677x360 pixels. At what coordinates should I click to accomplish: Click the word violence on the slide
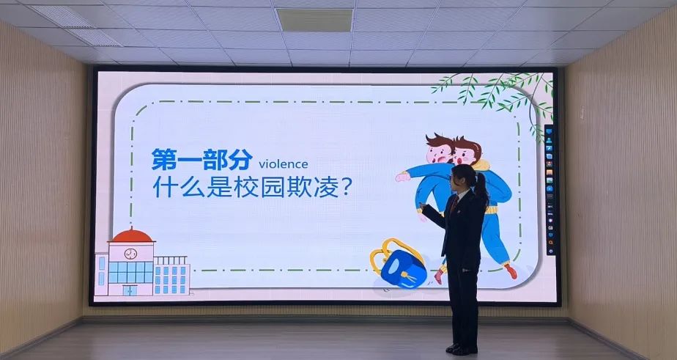284,164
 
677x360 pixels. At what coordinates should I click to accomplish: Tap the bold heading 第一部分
201,159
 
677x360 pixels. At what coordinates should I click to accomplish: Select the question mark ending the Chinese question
347,187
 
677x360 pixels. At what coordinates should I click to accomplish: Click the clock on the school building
130,254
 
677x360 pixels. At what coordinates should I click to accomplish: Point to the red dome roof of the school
131,235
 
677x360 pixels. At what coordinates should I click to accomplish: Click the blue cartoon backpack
403,268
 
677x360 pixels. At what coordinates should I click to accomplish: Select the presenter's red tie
454,205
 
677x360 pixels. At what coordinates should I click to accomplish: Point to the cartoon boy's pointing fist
402,176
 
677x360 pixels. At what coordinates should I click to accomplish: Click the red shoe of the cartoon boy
511,271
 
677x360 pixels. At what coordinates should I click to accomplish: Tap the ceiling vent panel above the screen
314,20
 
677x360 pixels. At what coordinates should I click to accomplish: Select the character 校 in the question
246,187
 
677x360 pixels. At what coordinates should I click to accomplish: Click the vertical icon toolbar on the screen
550,190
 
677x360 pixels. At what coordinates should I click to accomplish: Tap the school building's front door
129,290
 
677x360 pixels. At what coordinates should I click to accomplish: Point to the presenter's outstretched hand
422,206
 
